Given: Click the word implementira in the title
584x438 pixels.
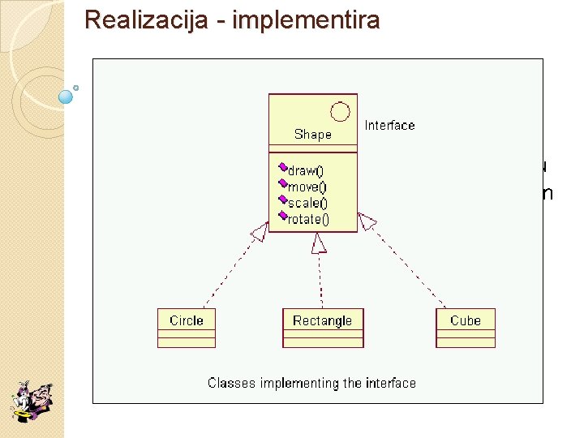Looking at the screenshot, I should click(306, 19).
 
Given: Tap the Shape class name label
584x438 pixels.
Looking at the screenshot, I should click(313, 135).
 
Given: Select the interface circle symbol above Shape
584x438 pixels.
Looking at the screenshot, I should click(341, 112).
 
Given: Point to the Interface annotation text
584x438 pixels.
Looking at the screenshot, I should click(389, 125).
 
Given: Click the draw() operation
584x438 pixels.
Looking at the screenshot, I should click(306, 171).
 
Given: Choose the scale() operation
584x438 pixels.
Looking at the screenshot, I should click(307, 203).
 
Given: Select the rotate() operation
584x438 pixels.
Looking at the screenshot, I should click(308, 219).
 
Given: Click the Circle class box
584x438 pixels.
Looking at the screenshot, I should click(187, 328).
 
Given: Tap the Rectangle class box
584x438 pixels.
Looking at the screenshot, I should click(323, 328).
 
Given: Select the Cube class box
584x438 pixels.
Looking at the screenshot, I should click(466, 328).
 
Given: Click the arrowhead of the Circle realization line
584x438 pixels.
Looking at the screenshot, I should click(260, 232).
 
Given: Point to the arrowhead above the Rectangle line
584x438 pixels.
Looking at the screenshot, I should click(319, 243).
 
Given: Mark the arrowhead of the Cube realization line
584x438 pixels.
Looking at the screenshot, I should click(367, 221).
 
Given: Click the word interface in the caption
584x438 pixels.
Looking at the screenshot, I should click(391, 383).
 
